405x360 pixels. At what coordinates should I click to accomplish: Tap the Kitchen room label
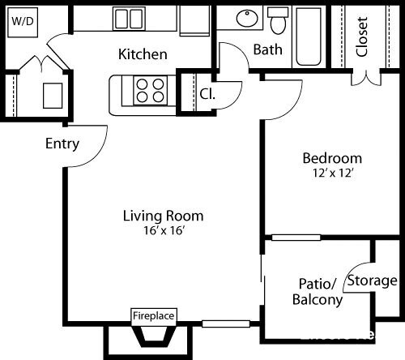tap(143, 54)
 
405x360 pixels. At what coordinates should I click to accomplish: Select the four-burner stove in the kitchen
tap(148, 89)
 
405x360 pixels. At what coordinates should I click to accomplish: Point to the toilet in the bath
tap(279, 19)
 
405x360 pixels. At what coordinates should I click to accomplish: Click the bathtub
tap(309, 36)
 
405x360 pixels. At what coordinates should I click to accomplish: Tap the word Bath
tap(268, 49)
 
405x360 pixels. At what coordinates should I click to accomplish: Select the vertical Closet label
tap(362, 36)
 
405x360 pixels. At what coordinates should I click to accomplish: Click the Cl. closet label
tap(207, 93)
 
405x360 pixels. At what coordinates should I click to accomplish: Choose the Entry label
tap(62, 144)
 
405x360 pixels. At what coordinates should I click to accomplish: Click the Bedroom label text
tap(332, 158)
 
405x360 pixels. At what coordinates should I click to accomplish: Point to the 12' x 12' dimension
tap(332, 173)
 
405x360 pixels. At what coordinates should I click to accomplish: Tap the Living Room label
tap(163, 216)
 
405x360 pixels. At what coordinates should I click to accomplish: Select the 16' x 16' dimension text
tap(163, 230)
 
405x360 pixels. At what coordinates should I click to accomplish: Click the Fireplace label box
tap(154, 315)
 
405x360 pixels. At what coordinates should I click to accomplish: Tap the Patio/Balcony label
tap(317, 292)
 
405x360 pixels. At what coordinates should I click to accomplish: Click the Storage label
tap(372, 281)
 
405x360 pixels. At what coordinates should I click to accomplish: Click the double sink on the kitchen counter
tap(129, 19)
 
